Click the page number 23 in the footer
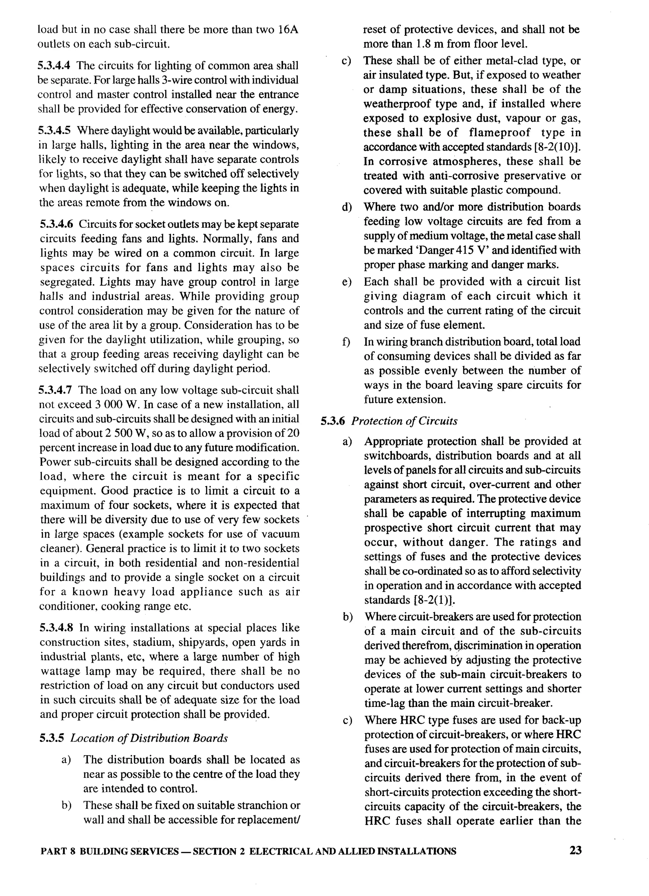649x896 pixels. click(x=575, y=850)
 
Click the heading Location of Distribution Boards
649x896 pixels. click(x=149, y=738)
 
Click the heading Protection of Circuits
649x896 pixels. click(x=404, y=421)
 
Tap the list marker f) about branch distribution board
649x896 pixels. click(x=346, y=342)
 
